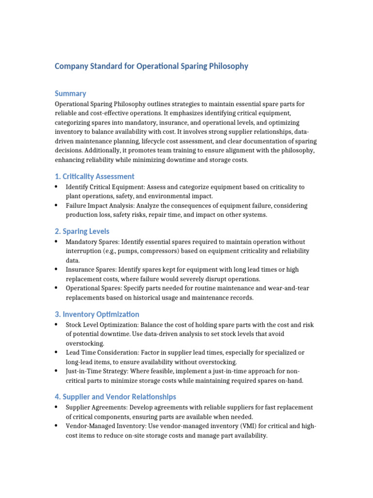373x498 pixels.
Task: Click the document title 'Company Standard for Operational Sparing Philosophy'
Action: click(x=151, y=66)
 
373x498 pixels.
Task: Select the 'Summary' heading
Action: click(x=70, y=93)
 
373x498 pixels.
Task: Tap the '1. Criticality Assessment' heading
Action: click(x=94, y=176)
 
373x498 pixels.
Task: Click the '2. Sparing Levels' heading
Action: click(x=82, y=231)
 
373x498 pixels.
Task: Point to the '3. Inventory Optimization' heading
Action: click(x=97, y=314)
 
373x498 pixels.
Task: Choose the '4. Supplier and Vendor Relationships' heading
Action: click(x=115, y=397)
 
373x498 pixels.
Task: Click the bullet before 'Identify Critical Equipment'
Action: click(x=57, y=187)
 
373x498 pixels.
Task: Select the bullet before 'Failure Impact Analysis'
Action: click(x=57, y=205)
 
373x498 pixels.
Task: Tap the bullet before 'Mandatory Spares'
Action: click(x=57, y=242)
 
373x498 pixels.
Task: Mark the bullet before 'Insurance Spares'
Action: click(x=57, y=269)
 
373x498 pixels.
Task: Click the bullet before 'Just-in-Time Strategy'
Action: click(x=57, y=371)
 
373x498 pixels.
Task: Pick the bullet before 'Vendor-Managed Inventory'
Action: click(x=57, y=427)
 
